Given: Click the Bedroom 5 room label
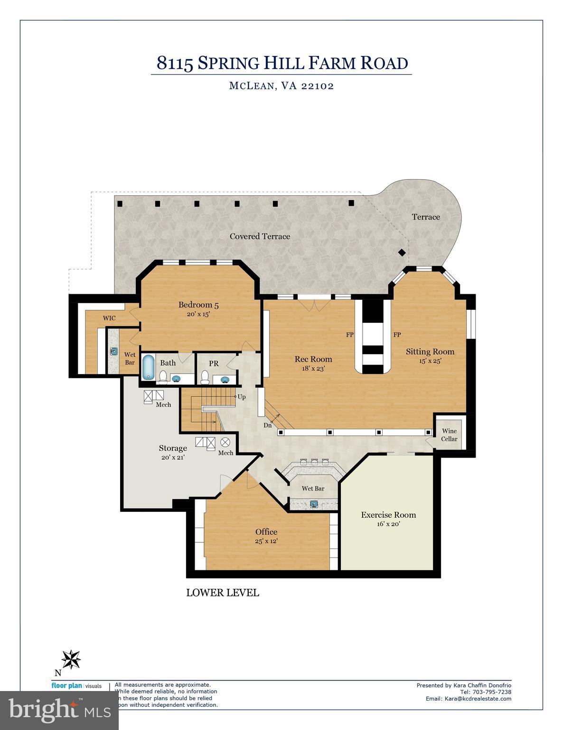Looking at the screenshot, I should click(x=198, y=305).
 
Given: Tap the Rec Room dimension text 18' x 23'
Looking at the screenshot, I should click(x=313, y=368).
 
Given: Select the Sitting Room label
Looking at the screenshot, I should click(x=430, y=352).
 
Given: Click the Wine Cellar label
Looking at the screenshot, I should click(x=449, y=435).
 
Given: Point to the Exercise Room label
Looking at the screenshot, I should click(x=388, y=515).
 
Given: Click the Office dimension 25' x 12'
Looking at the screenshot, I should click(x=266, y=541).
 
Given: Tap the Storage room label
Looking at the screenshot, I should click(x=172, y=448).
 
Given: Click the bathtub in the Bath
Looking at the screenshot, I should click(x=148, y=367).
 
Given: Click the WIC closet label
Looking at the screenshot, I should click(x=109, y=318).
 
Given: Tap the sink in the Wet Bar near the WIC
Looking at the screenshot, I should click(x=113, y=351).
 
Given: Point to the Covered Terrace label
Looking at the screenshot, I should click(x=260, y=236).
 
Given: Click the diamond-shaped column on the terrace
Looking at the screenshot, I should click(x=402, y=252).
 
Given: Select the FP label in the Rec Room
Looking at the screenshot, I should click(x=350, y=335).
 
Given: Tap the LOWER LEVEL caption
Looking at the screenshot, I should click(x=223, y=593).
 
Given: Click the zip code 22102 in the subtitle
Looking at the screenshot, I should click(x=318, y=86).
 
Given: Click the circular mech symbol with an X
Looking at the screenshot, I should click(x=225, y=442).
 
